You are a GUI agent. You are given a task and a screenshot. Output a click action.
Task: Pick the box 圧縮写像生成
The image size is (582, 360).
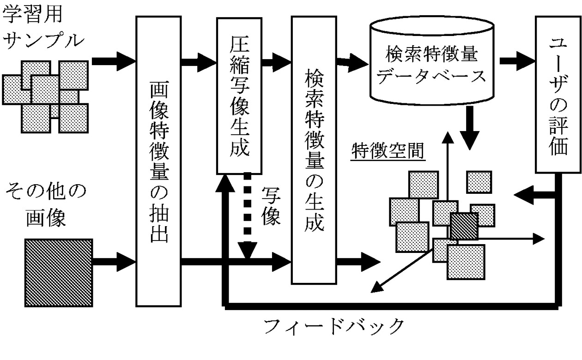[x=239, y=97]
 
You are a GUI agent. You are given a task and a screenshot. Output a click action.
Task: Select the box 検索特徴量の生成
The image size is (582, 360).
[x=313, y=150]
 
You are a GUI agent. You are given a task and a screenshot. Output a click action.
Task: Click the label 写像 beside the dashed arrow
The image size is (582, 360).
[x=271, y=206]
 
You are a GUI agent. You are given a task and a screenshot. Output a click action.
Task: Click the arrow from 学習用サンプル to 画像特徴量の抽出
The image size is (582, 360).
[x=113, y=60]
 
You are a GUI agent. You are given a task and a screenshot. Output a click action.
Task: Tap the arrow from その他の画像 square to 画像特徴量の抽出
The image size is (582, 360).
[x=114, y=262]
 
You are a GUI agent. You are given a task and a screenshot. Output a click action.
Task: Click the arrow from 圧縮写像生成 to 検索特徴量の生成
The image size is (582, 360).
[x=276, y=60]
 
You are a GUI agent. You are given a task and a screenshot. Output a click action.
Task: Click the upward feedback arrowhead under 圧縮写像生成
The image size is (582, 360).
[x=225, y=182]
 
